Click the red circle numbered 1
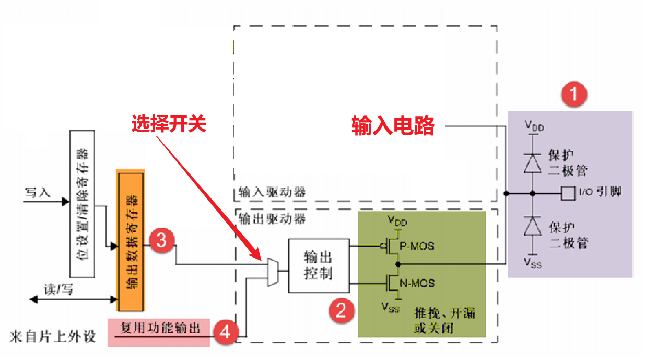click(573, 95)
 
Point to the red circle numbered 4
click(225, 331)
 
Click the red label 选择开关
click(169, 124)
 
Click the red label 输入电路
click(393, 126)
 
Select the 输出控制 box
click(319, 265)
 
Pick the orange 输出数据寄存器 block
click(131, 240)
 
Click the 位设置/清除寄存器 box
click(82, 204)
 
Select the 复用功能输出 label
click(160, 328)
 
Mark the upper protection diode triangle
click(533, 164)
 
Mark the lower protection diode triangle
click(533, 227)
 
